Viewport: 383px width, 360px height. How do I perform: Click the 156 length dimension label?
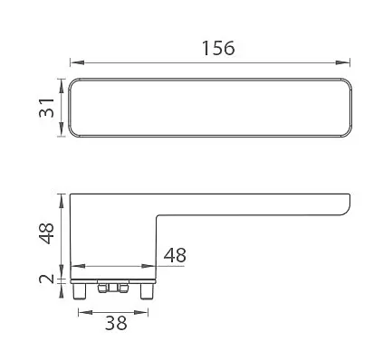pyautogui.click(x=218, y=48)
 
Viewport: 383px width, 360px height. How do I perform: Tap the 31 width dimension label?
pyautogui.click(x=47, y=108)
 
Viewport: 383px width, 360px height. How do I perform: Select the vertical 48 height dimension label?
pyautogui.click(x=46, y=233)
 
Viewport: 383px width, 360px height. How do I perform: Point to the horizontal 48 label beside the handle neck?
pyautogui.click(x=175, y=255)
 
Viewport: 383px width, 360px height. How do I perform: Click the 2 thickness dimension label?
pyautogui.click(x=47, y=279)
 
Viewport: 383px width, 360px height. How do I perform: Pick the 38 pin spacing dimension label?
pyautogui.click(x=116, y=323)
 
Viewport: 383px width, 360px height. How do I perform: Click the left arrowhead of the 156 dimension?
pyautogui.click(x=77, y=62)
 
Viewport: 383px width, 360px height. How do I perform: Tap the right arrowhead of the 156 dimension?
pyautogui.click(x=343, y=62)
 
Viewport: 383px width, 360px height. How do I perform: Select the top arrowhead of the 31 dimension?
pyautogui.click(x=62, y=85)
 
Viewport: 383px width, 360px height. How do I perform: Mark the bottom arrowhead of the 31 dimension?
pyautogui.click(x=62, y=129)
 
